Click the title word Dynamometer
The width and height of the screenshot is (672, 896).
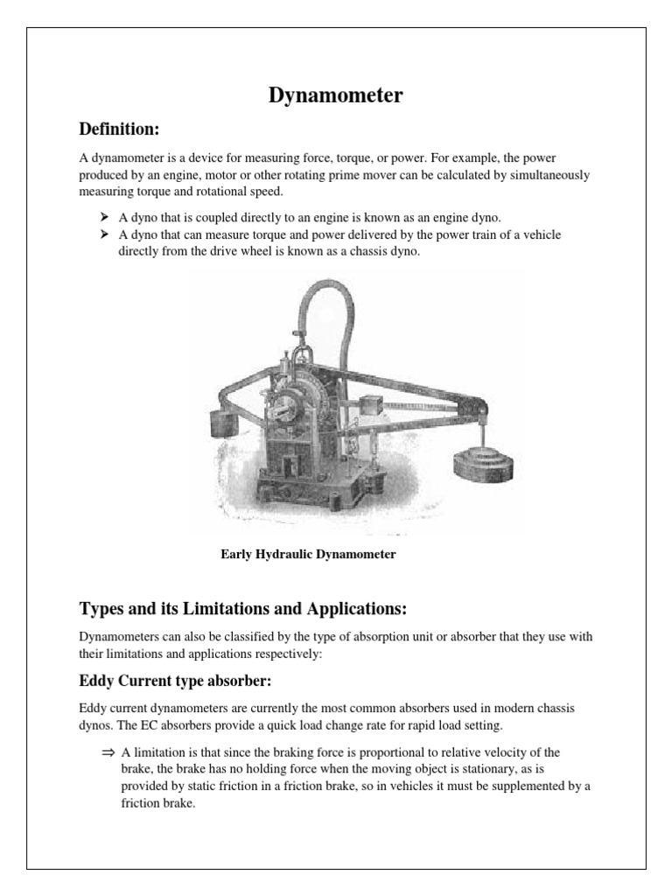tap(335, 96)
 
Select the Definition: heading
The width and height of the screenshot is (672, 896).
tap(119, 130)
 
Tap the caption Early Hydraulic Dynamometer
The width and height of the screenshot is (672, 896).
tap(308, 554)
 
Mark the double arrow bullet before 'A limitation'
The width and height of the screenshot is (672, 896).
tap(108, 752)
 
